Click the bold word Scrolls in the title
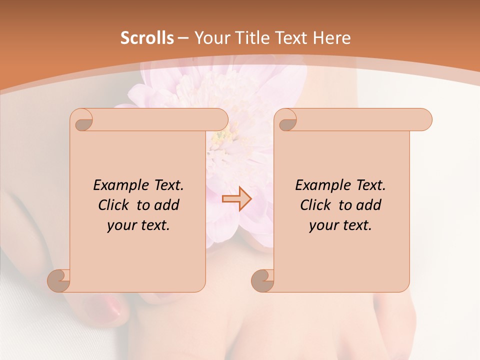tap(147, 38)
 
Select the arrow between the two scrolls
tap(236, 199)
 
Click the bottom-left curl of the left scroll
tap(59, 280)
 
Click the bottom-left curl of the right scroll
tap(263, 280)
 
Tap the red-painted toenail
tap(107, 307)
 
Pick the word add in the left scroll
tap(167, 205)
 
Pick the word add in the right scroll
tap(369, 205)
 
